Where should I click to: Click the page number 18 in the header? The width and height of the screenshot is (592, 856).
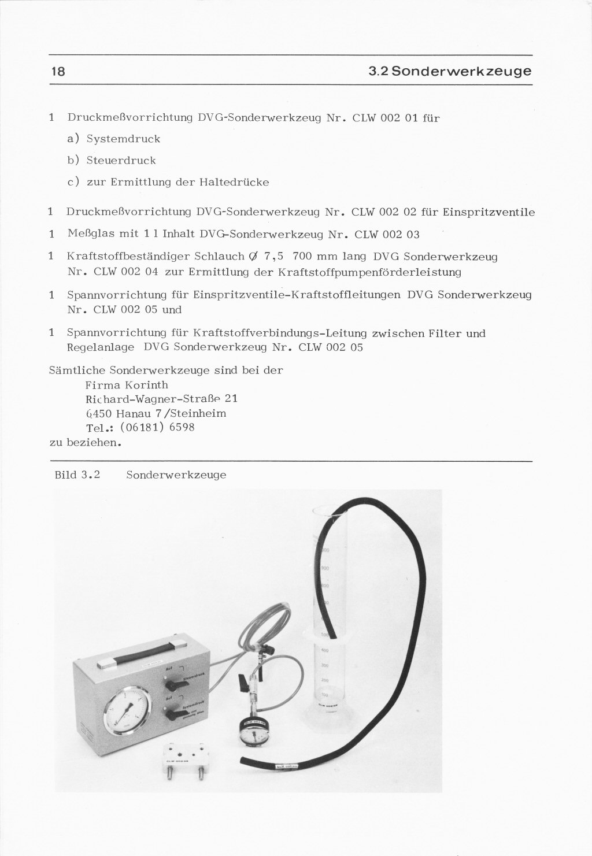[58, 72]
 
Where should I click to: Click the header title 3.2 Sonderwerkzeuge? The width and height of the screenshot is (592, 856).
[450, 72]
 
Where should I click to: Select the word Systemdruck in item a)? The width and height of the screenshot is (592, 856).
[123, 139]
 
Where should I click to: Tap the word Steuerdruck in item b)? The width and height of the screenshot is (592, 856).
[121, 160]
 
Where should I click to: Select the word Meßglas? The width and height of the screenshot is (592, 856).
[88, 234]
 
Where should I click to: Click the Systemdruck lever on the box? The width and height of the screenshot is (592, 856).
[172, 716]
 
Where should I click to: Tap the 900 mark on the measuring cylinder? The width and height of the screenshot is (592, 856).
[324, 568]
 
